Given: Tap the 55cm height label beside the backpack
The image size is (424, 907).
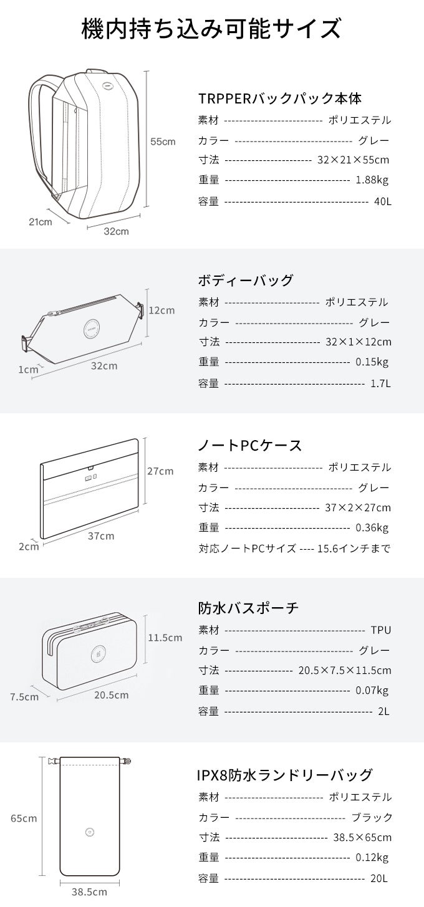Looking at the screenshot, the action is (x=163, y=142).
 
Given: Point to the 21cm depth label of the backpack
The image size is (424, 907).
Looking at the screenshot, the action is (x=41, y=221).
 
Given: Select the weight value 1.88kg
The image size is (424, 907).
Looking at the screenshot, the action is (x=372, y=180).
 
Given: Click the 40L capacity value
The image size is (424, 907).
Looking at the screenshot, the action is (x=383, y=201).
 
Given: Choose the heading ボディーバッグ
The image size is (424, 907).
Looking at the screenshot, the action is (x=246, y=280).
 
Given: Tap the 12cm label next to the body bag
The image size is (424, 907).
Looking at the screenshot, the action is (x=161, y=310).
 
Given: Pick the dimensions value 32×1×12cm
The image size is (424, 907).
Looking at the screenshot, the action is (x=359, y=342).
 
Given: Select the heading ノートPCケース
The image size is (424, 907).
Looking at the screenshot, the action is (x=250, y=446).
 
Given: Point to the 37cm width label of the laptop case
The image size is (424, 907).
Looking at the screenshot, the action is (x=101, y=536).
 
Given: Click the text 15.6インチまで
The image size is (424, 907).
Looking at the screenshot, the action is (x=354, y=549).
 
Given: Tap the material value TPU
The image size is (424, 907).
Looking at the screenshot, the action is (x=381, y=630).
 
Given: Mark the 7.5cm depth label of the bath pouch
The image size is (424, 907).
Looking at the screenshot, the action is (x=24, y=697).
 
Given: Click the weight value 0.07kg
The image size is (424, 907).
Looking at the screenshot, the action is (x=372, y=690).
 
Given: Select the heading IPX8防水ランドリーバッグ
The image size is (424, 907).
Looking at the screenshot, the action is (x=285, y=775).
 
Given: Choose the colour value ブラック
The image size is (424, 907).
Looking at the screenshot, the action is (x=372, y=817).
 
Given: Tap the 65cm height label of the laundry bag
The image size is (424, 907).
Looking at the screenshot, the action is (x=24, y=818).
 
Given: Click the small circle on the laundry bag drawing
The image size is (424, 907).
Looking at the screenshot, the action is (x=90, y=832).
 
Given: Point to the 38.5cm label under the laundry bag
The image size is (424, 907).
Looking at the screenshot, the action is (x=90, y=892).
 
